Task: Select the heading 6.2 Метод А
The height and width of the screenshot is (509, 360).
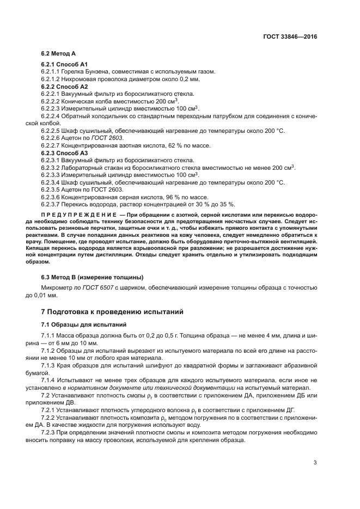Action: point(58,54)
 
